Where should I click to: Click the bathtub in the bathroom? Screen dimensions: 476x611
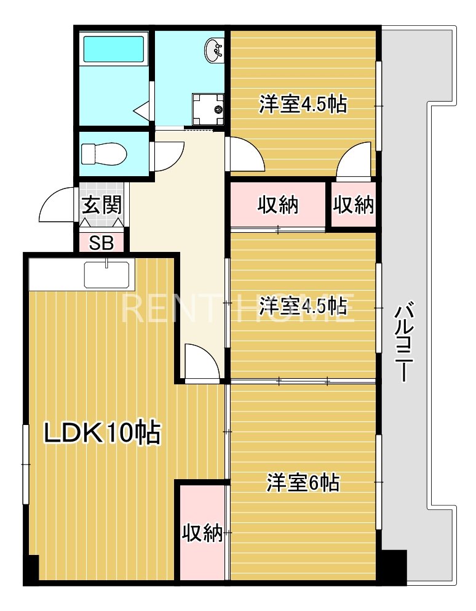click(114, 49)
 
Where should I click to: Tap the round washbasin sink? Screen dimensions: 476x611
click(214, 50)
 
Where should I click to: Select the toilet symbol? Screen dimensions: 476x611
click(103, 154)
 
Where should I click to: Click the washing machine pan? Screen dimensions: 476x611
click(208, 110)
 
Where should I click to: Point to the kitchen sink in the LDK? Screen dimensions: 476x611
click(106, 274)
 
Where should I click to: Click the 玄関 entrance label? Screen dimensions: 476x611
click(101, 204)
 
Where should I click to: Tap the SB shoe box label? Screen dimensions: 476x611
click(101, 243)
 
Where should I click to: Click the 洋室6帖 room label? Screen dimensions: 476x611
click(303, 483)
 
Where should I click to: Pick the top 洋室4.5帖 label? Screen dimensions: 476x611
click(303, 104)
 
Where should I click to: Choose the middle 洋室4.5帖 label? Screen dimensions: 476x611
click(303, 305)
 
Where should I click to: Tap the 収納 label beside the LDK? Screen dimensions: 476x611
click(202, 532)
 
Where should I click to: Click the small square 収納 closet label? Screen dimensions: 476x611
click(354, 204)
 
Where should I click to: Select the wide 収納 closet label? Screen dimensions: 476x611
click(278, 204)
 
